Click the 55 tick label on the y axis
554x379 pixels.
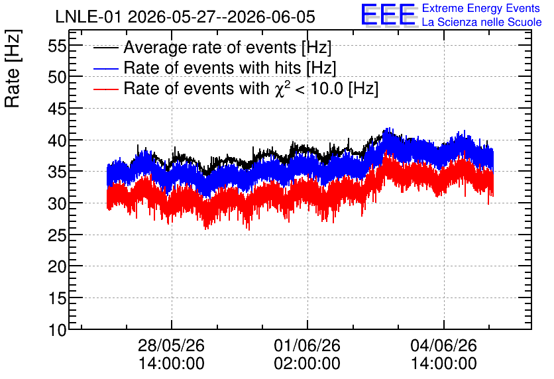click(57, 46)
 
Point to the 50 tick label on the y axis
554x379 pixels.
click(57, 77)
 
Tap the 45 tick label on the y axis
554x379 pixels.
click(57, 109)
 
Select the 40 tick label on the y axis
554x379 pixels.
click(57, 140)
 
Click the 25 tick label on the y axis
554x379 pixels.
click(57, 235)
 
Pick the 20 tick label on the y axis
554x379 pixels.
click(57, 266)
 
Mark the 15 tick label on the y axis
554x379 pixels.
click(57, 298)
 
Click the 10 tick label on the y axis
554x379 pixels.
click(57, 330)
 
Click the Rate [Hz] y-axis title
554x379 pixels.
click(13, 68)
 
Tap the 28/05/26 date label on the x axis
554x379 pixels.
click(172, 345)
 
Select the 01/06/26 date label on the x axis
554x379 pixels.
click(307, 345)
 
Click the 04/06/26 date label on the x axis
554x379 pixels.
click(443, 345)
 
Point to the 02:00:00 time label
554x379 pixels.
click(307, 364)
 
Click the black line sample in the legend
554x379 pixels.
click(105, 48)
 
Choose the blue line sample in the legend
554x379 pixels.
click(105, 68)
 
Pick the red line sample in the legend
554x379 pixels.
click(105, 89)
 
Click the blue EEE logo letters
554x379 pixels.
click(388, 15)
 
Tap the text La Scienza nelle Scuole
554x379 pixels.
click(482, 23)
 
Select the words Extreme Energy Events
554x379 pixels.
click(481, 8)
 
